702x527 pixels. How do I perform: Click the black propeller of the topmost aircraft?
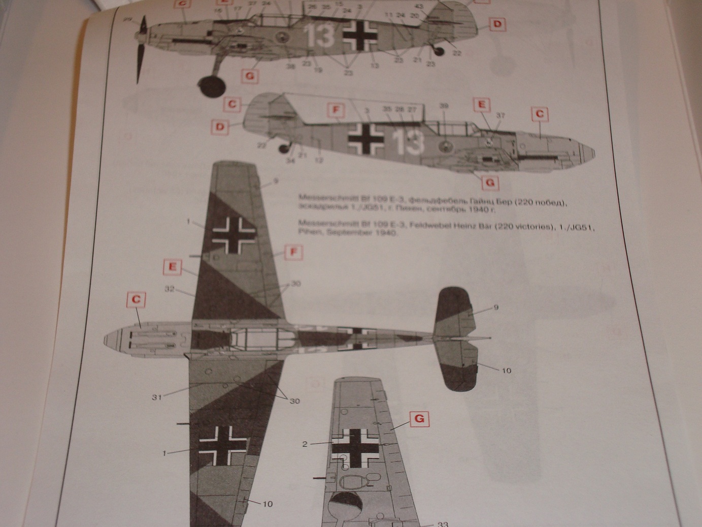pos(141,48)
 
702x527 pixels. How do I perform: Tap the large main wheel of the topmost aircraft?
pos(212,86)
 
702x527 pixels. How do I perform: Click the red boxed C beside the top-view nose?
pos(136,300)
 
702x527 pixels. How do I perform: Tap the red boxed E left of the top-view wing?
pos(173,267)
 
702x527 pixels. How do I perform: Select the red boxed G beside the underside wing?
pos(419,419)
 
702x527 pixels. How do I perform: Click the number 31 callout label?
pos(156,397)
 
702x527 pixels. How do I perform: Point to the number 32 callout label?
pos(170,289)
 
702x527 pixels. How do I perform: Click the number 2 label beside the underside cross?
pos(305,444)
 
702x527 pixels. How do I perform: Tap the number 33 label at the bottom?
pos(443,524)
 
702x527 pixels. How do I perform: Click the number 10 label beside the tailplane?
pos(506,370)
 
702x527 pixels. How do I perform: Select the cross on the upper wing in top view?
pos(233,234)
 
